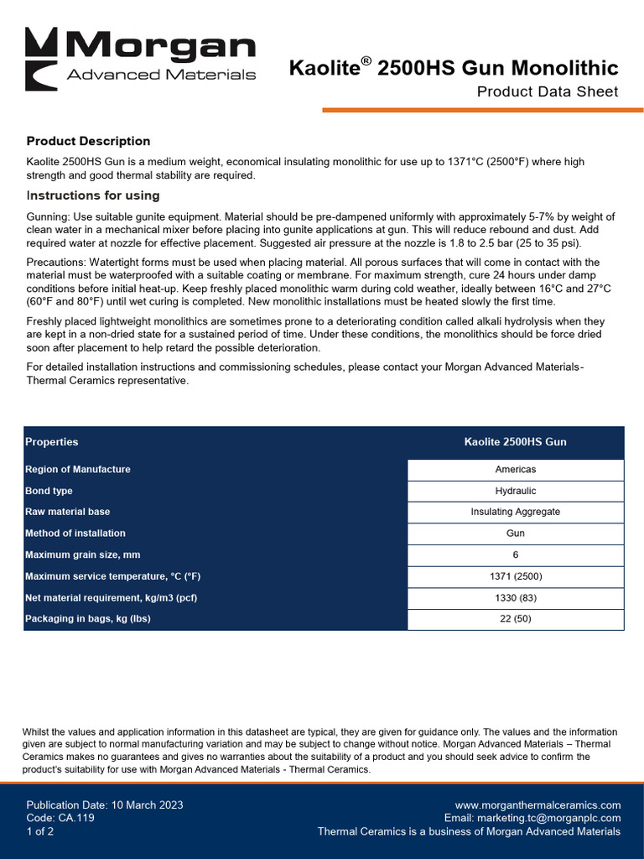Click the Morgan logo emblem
41,59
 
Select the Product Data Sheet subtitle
547,91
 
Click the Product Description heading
88,141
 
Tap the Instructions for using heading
93,195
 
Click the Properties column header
52,442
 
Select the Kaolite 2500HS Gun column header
515,442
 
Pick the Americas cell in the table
515,470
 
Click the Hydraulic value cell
515,491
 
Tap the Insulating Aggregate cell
515,512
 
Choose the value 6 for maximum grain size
515,555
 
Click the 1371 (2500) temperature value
515,576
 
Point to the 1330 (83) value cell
515,598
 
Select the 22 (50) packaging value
515,619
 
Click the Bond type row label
49,491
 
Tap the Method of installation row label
75,533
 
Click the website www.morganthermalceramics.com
538,805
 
